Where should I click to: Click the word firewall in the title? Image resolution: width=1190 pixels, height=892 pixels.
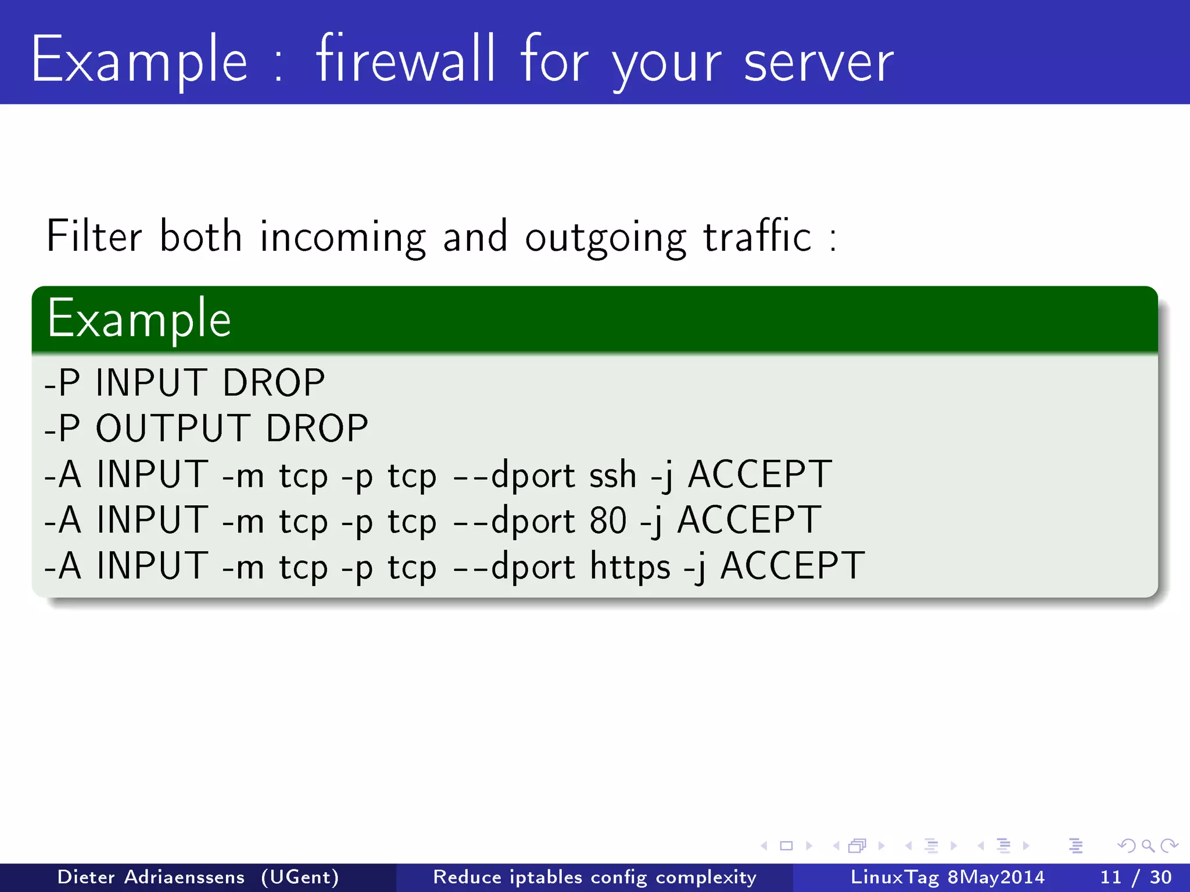pyautogui.click(x=406, y=59)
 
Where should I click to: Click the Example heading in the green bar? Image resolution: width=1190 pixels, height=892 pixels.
pyautogui.click(x=139, y=319)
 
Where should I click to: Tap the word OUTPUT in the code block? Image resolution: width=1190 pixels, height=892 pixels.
pyautogui.click(x=173, y=429)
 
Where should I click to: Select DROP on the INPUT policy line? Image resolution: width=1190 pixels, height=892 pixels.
pyautogui.click(x=274, y=383)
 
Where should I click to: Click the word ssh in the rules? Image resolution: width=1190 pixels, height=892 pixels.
pyautogui.click(x=613, y=474)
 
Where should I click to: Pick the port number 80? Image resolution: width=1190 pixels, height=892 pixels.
pyautogui.click(x=608, y=520)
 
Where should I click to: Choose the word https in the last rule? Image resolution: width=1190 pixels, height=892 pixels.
pyautogui.click(x=630, y=566)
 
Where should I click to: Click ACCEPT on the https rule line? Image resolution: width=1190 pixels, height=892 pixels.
pyautogui.click(x=793, y=566)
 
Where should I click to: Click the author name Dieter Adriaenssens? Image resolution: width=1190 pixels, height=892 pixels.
pyautogui.click(x=151, y=877)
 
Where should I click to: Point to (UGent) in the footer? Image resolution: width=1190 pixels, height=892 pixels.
pyautogui.click(x=300, y=877)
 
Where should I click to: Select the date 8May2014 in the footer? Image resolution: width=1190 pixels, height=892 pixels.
pyautogui.click(x=997, y=877)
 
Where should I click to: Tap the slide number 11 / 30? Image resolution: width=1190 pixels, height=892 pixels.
pyautogui.click(x=1136, y=877)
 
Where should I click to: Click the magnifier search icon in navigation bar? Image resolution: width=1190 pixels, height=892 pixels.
pyautogui.click(x=1148, y=846)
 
